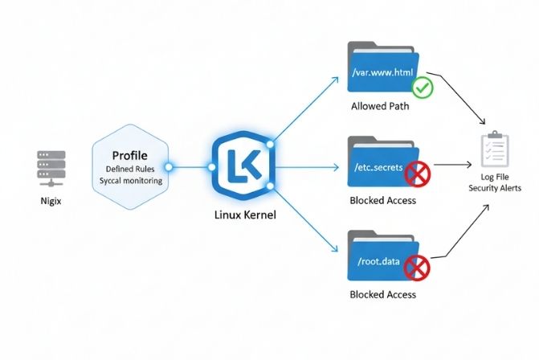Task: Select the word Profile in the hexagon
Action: tap(129, 153)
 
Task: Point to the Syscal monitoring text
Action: tap(131, 181)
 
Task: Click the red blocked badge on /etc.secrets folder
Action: tap(417, 172)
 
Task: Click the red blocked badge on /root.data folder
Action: tap(417, 268)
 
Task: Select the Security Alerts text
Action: tap(495, 188)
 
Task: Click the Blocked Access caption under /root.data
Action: tap(383, 295)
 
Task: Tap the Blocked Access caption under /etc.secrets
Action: tap(383, 200)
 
